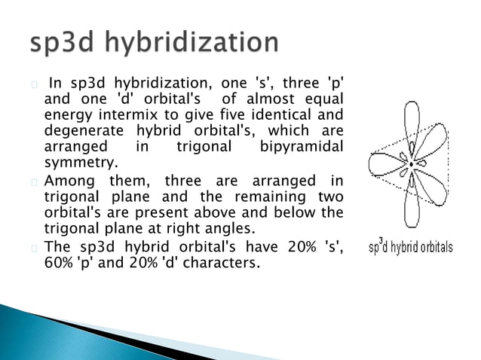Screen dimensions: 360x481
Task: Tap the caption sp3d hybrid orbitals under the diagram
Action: [410, 248]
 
